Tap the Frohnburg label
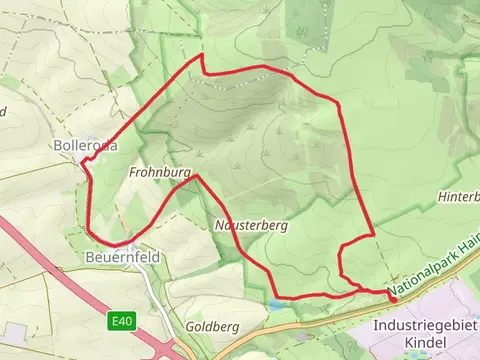click(x=159, y=173)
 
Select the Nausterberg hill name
click(x=251, y=227)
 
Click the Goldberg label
click(x=212, y=327)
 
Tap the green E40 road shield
click(x=121, y=321)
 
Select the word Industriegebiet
click(x=425, y=326)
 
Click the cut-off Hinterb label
click(x=459, y=197)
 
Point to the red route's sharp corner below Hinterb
click(x=374, y=235)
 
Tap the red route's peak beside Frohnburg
click(x=197, y=177)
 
